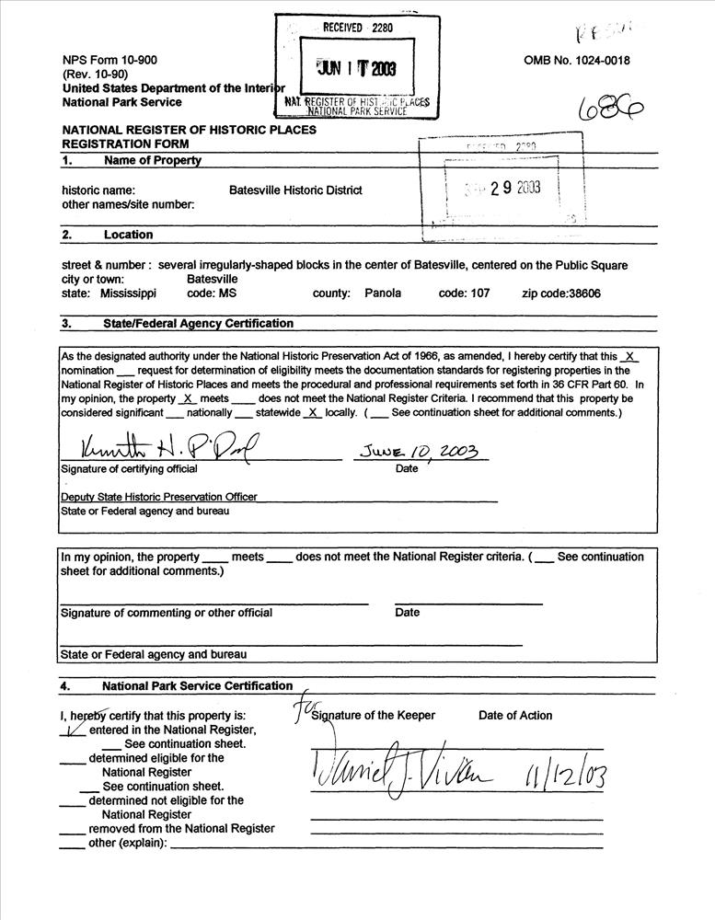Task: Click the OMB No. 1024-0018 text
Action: tap(577, 61)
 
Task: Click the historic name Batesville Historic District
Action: tap(295, 190)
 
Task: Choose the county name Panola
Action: tap(383, 293)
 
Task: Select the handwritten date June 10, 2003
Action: tap(420, 452)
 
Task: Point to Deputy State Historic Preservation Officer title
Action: tap(159, 496)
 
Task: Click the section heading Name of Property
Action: tap(153, 161)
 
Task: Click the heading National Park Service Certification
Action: tap(197, 685)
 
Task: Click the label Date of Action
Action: tap(515, 715)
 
